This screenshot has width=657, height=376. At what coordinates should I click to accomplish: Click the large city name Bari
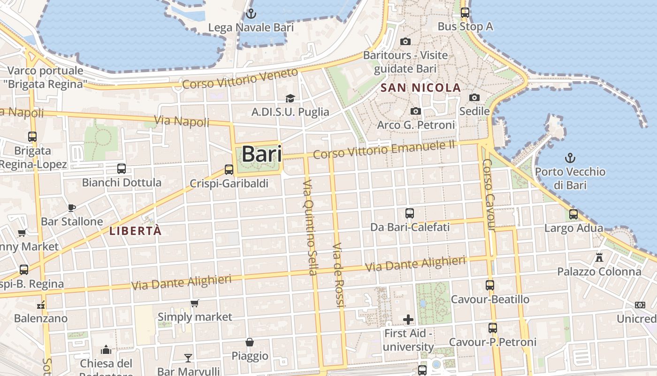click(x=262, y=154)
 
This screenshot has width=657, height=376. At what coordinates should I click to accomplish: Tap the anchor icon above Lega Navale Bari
click(x=251, y=13)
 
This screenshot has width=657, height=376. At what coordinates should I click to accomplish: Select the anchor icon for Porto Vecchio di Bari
click(x=570, y=157)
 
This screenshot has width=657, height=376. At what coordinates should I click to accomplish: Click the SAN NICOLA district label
click(x=420, y=87)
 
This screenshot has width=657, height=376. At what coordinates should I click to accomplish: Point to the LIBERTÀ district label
click(x=135, y=231)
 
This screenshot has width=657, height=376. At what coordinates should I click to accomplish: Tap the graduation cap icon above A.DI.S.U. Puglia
click(x=290, y=98)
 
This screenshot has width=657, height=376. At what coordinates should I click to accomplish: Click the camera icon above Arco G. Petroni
click(x=416, y=111)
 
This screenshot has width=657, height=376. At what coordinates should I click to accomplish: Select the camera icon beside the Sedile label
click(x=474, y=97)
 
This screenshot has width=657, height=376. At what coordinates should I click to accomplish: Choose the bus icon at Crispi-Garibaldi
click(x=229, y=170)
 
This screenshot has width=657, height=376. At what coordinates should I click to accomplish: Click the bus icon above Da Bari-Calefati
click(x=410, y=213)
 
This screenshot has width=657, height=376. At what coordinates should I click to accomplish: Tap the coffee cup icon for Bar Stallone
click(x=72, y=207)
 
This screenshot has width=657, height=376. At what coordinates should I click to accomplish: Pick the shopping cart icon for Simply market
click(x=195, y=303)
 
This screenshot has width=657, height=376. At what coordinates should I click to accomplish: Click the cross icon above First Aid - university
click(x=408, y=320)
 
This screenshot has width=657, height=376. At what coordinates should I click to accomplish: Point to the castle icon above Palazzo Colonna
click(x=599, y=257)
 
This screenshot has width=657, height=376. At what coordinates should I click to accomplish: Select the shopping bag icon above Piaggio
click(x=250, y=342)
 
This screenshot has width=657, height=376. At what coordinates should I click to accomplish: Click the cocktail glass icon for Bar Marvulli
click(x=188, y=358)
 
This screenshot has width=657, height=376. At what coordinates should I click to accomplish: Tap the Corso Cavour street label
click(x=489, y=195)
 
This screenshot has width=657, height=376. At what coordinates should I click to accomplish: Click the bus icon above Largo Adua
click(x=573, y=214)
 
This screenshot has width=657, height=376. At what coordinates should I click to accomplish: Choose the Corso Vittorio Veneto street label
click(x=240, y=78)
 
